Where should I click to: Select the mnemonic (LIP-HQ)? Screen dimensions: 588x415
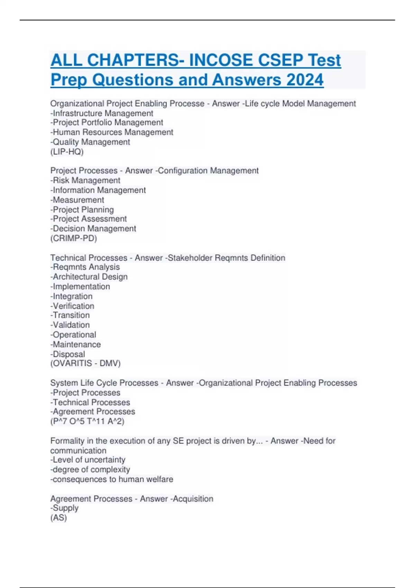pyautogui.click(x=67, y=152)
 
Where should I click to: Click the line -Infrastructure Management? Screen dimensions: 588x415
pyautogui.click(x=102, y=113)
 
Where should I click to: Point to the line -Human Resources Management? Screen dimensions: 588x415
pyautogui.click(x=112, y=132)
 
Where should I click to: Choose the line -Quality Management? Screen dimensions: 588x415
pyautogui.click(x=90, y=142)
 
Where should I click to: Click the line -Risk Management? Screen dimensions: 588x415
pyautogui.click(x=85, y=181)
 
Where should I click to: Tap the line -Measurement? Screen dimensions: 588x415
pyautogui.click(x=77, y=200)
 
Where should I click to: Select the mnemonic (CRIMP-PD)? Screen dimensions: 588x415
pyautogui.click(x=74, y=238)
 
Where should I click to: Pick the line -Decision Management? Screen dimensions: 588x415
pyautogui.click(x=93, y=229)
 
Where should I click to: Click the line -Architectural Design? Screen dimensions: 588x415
pyautogui.click(x=89, y=277)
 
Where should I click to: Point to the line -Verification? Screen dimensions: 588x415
pyautogui.click(x=72, y=306)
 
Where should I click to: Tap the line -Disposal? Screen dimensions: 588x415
pyautogui.click(x=68, y=354)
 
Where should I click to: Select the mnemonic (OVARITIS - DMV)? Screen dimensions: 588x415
pyautogui.click(x=85, y=364)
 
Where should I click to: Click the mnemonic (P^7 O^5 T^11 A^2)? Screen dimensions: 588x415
pyautogui.click(x=87, y=421)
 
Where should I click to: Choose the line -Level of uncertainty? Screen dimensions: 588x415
pyautogui.click(x=88, y=460)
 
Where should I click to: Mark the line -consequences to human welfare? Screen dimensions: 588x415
pyautogui.click(x=112, y=479)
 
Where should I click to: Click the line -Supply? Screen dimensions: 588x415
pyautogui.click(x=64, y=508)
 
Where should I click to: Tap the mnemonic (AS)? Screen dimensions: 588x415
pyautogui.click(x=58, y=518)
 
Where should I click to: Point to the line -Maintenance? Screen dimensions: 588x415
pyautogui.click(x=76, y=344)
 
